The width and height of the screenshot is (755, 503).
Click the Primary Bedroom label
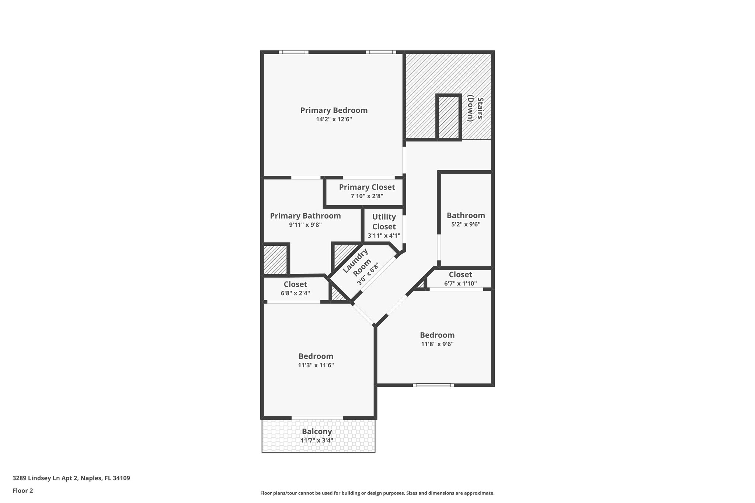click(334, 110)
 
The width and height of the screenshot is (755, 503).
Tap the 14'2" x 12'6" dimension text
click(334, 119)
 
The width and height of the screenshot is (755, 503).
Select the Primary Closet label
click(367, 187)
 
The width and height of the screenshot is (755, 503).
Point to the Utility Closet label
click(384, 221)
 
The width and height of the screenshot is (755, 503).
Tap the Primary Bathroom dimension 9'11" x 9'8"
click(305, 225)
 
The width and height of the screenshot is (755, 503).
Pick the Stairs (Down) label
click(475, 109)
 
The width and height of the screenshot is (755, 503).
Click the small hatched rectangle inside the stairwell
click(449, 117)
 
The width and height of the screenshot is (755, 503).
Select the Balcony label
click(317, 431)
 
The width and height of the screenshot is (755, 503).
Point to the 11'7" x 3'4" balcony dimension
click(317, 440)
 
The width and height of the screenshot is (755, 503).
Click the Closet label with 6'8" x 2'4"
click(295, 284)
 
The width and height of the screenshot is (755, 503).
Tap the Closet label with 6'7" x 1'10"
click(460, 275)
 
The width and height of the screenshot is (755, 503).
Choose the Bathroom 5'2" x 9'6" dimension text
click(466, 224)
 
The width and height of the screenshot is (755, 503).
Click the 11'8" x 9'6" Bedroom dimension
click(437, 344)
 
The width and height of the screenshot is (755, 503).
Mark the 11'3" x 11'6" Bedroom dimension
click(316, 365)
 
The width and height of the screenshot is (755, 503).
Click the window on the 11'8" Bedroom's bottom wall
click(434, 385)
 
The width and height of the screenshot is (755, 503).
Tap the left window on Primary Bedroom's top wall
click(293, 52)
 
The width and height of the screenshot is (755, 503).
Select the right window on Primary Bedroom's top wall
click(381, 52)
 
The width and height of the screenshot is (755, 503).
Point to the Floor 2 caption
click(23, 490)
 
